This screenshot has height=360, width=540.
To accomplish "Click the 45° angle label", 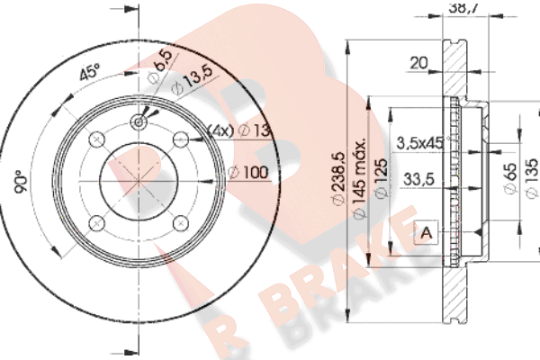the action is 89,72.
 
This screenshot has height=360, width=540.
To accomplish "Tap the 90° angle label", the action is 22,182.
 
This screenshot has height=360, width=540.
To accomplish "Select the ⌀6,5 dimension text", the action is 160,66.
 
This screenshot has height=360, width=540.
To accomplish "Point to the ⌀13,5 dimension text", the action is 193,81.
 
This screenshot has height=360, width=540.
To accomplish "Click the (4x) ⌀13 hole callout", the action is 239,130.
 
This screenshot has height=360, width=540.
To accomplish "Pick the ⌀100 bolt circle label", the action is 248,172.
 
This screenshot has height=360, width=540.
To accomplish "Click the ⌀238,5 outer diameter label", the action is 338,178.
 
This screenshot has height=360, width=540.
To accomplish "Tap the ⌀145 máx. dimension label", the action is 359,178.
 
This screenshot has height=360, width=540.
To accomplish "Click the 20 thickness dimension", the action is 418,63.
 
